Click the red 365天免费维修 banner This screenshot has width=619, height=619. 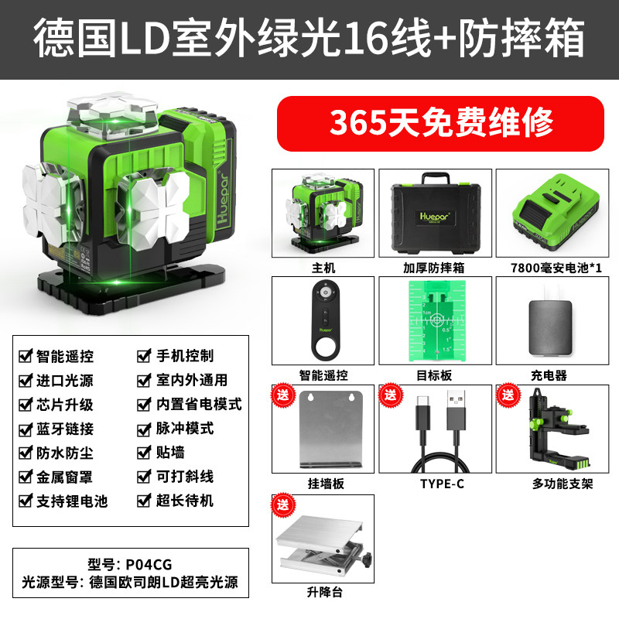coord(440,123)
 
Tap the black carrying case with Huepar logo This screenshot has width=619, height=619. coord(436,215)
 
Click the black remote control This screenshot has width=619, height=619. coord(325,320)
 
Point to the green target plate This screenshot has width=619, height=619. coord(436,320)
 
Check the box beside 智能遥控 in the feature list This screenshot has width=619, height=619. coord(26,356)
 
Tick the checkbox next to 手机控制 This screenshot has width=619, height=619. coord(144,356)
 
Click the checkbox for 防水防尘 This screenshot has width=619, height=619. coord(26,453)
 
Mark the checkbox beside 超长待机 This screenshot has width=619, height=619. coord(144,501)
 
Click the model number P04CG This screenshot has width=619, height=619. coord(149,565)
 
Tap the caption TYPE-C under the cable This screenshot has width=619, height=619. coord(442,484)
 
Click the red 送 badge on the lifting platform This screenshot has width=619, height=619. coord(283,504)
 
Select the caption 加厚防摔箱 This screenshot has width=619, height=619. coord(434,268)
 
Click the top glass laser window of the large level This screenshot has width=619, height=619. coord(112,115)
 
